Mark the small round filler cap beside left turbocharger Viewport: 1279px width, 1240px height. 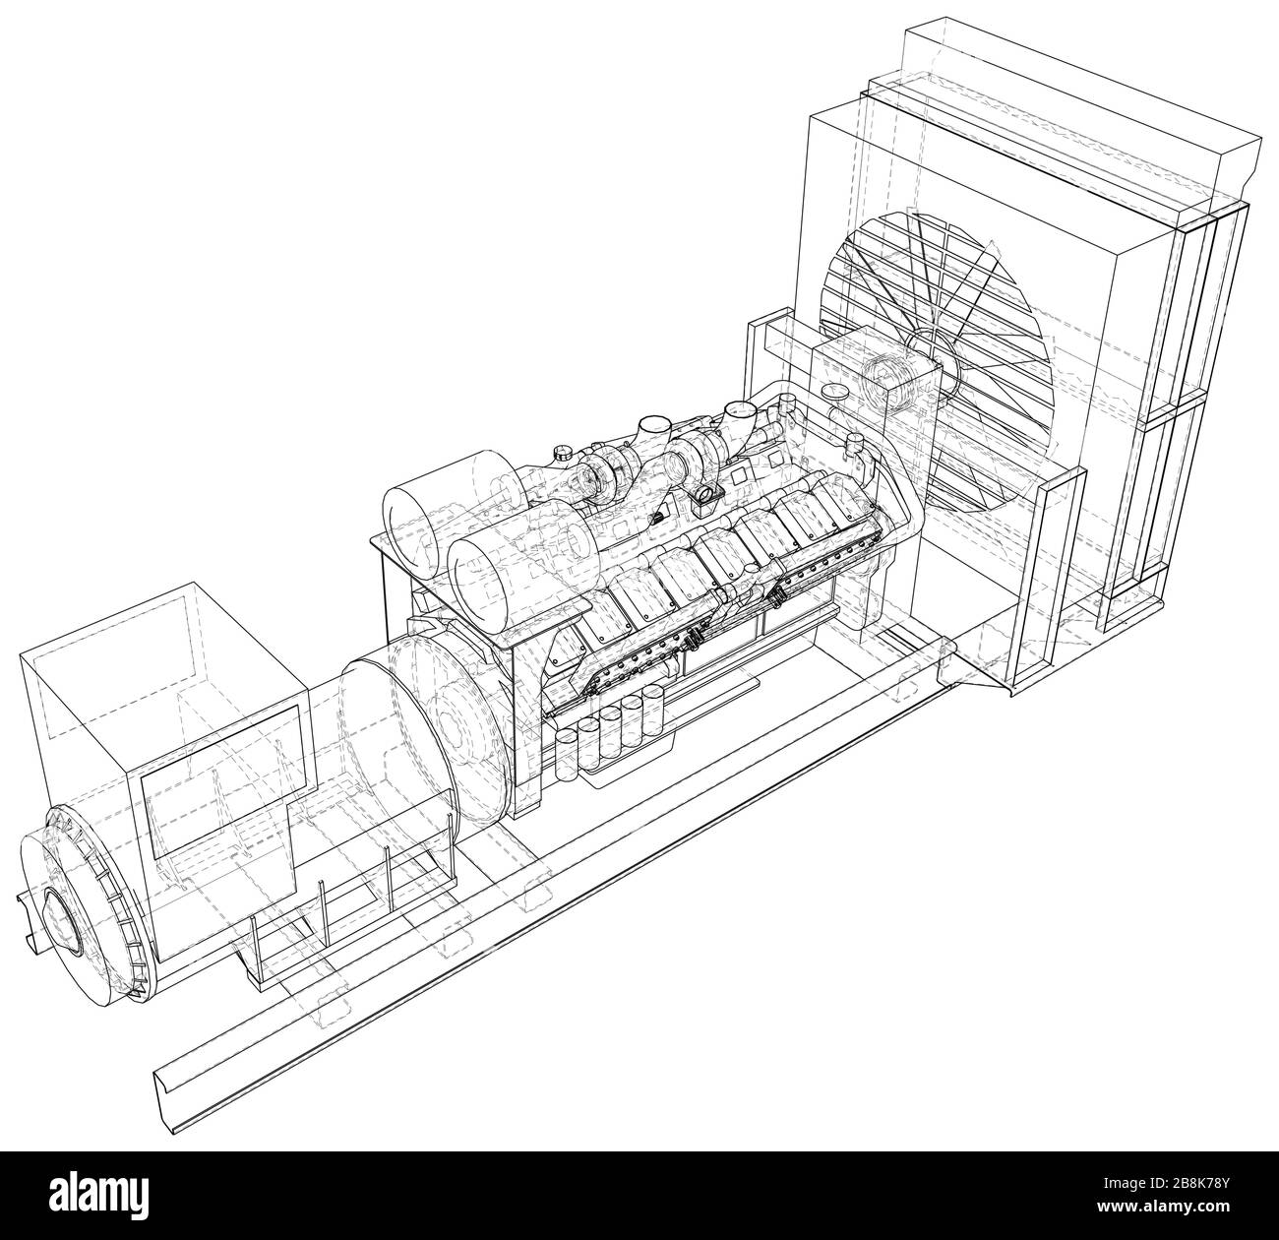[x=562, y=456]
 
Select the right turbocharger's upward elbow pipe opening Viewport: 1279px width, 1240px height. [x=738, y=407]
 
